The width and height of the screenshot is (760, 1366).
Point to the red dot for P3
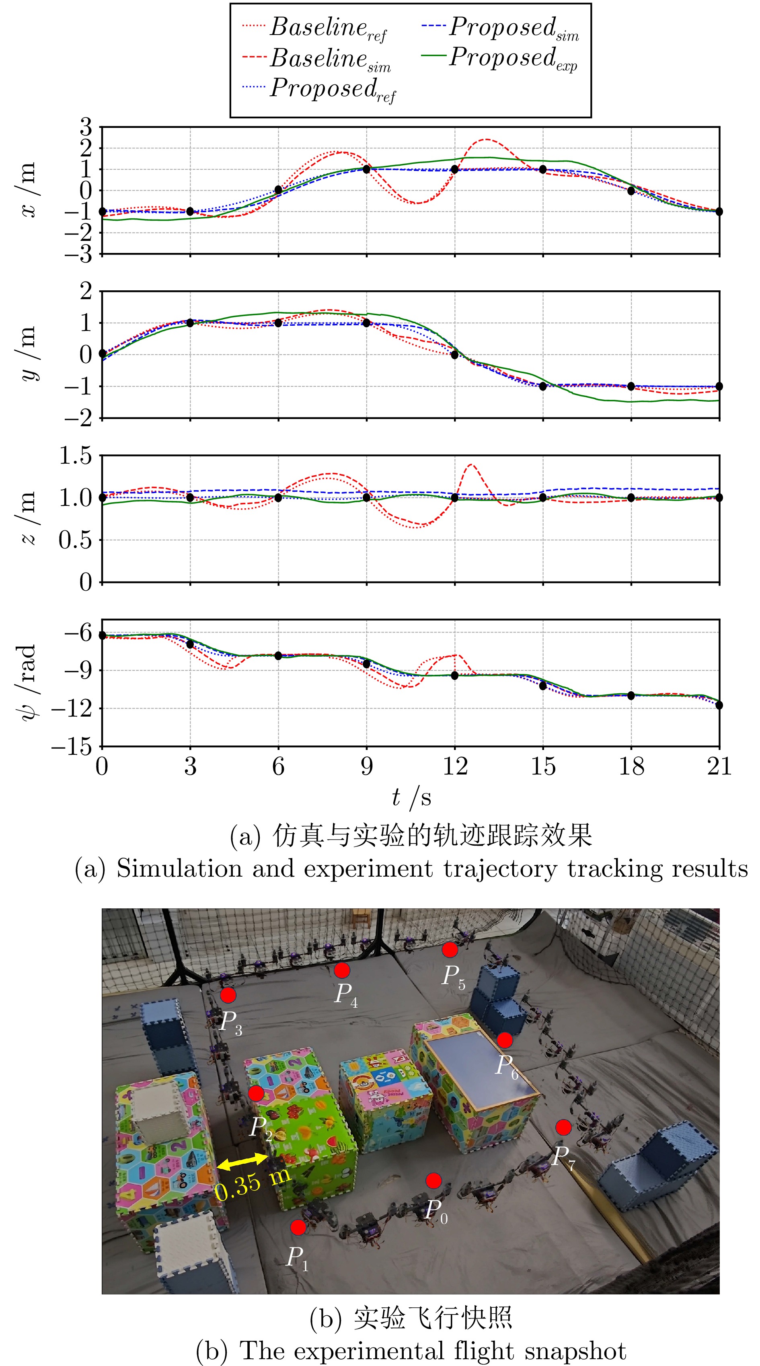pos(228,995)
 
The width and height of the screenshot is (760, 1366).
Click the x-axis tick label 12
pos(454,767)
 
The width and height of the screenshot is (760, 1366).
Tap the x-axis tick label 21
pos(719,767)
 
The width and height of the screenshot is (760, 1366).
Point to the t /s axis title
pos(411,797)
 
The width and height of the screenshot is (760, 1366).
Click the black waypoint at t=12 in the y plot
pos(454,355)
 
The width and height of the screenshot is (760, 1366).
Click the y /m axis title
pos(28,354)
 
